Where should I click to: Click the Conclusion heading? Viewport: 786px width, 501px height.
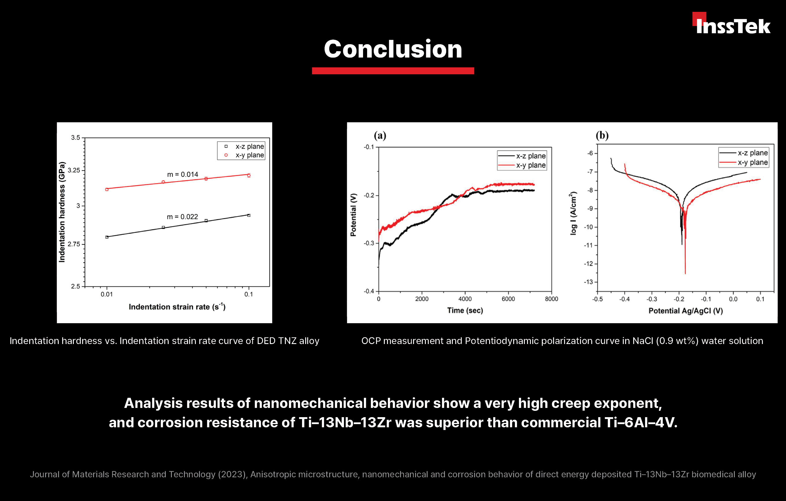[x=393, y=49]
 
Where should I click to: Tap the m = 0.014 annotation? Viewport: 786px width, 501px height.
[x=183, y=175]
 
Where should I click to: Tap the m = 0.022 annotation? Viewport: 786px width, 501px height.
[x=182, y=217]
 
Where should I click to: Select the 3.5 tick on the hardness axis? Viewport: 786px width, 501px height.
[x=76, y=138]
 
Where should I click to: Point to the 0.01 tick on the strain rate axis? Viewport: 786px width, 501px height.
[x=107, y=294]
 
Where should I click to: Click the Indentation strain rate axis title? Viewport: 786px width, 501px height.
[x=177, y=307]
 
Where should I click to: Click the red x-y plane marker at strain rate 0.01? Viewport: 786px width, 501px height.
[x=107, y=189]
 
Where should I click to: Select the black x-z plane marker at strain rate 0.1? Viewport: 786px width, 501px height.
[x=249, y=215]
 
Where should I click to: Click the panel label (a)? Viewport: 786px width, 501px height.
[x=380, y=135]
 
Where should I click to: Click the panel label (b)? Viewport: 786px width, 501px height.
[x=602, y=135]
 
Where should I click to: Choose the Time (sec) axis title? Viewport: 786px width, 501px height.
[x=465, y=310]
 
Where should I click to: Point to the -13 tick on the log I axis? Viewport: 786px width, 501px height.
[x=588, y=282]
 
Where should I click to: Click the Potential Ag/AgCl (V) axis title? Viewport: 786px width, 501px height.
[x=685, y=311]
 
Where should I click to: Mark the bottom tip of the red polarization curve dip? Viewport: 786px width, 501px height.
[x=685, y=273]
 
